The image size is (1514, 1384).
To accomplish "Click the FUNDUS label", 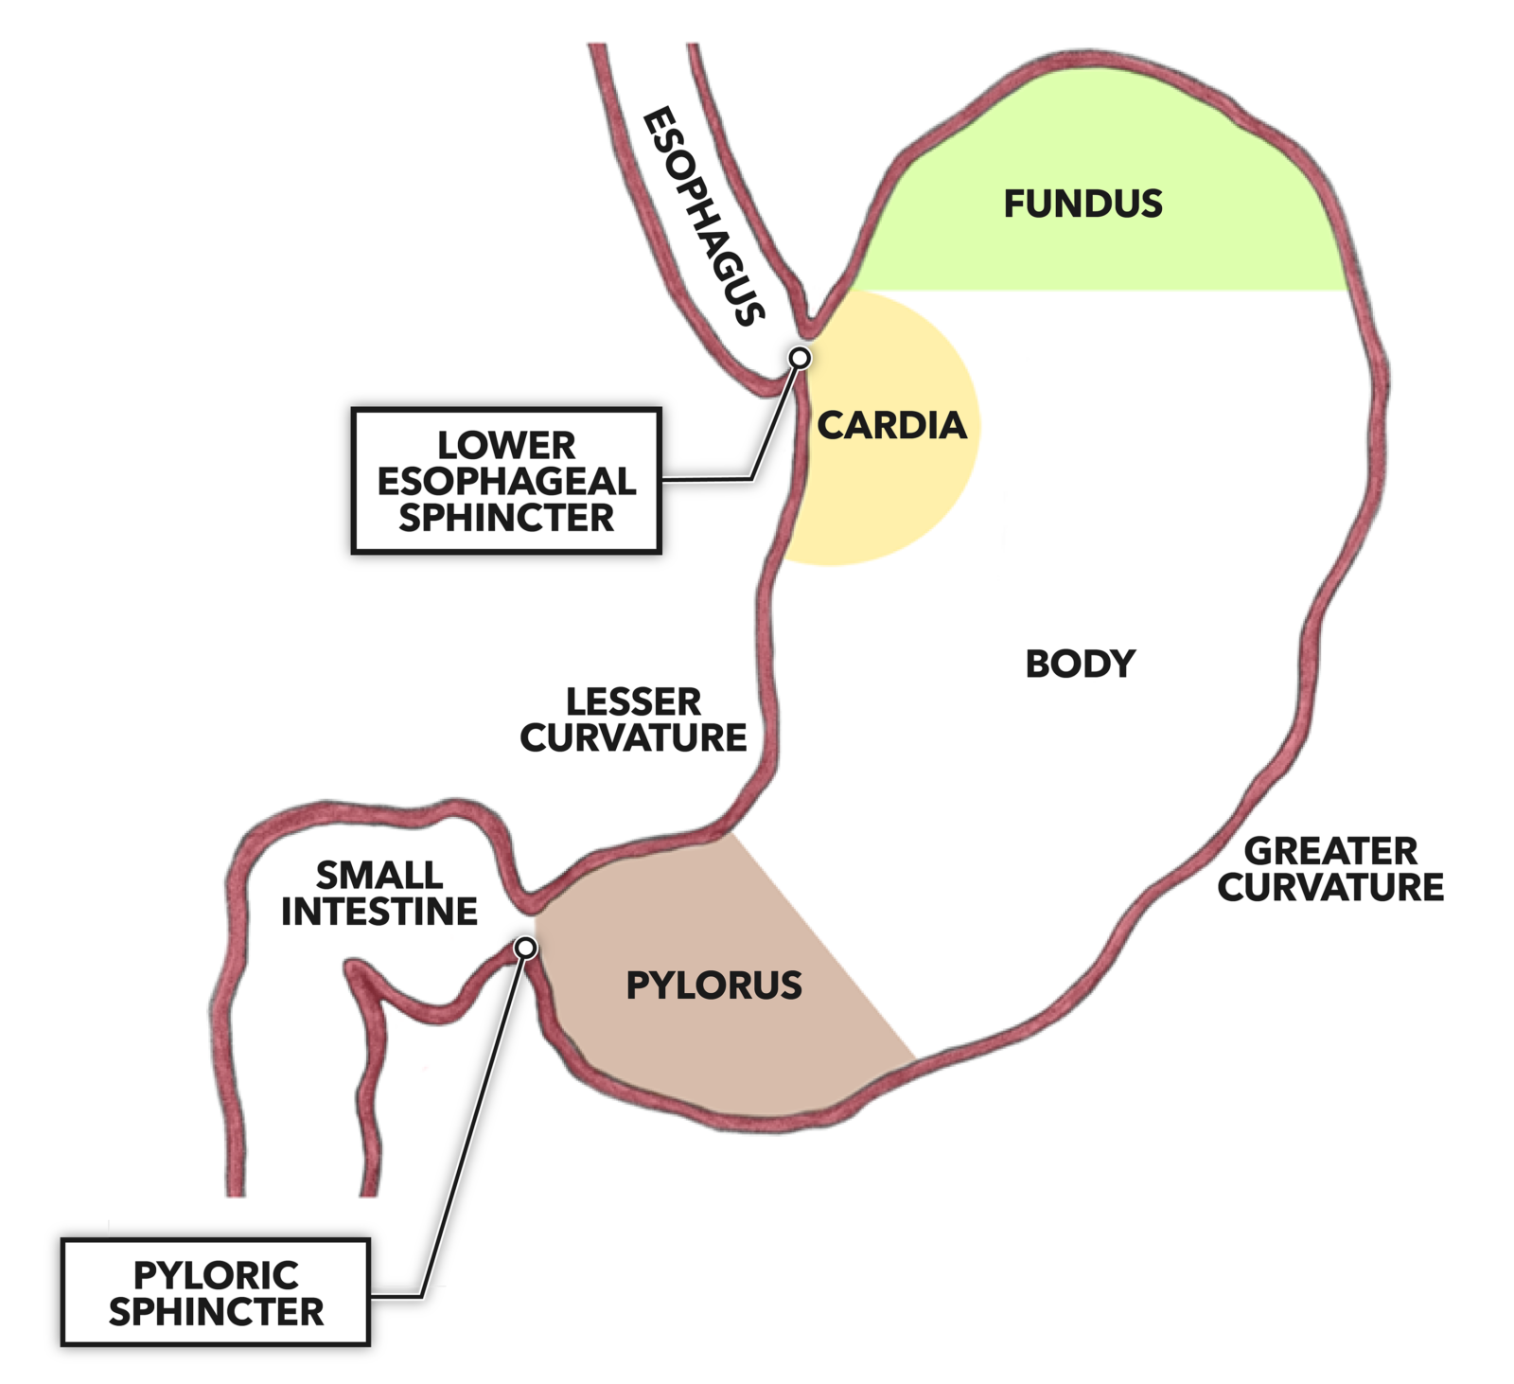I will pos(1083,204).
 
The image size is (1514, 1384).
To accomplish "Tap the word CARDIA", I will pos(891,425).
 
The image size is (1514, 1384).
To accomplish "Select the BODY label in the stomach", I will pos(1080,664).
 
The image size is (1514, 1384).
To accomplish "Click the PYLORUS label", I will pos(713,985).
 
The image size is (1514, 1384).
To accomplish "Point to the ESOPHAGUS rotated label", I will pos(703,217).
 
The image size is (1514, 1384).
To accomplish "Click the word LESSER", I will pos(633,702).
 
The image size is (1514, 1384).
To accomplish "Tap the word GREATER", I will pos(1330,851).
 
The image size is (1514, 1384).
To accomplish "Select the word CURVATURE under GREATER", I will pos(1330,887).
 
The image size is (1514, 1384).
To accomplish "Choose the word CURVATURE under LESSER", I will pos(633,737).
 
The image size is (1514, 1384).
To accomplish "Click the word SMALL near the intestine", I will pos(378,875).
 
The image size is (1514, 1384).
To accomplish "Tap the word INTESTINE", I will pos(379,912).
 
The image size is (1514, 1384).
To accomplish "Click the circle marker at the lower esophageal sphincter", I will pos(800,358).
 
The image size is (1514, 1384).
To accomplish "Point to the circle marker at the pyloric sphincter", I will pos(525,948).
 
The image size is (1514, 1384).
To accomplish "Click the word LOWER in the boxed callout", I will pos(505,445).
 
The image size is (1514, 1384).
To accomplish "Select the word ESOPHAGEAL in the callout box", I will pos(506,481).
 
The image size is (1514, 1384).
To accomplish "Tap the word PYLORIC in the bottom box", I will pos(216,1275).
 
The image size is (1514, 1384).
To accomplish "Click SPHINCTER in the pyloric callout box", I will pos(216,1312).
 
